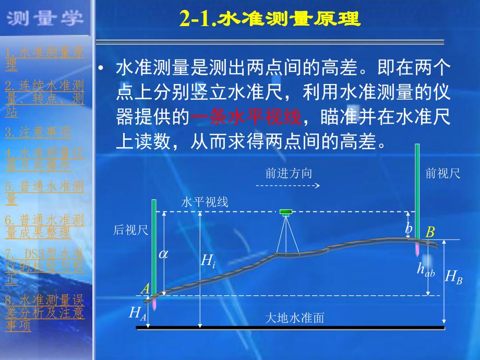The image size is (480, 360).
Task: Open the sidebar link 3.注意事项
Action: [38, 132]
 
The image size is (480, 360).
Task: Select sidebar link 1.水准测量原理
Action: [44, 58]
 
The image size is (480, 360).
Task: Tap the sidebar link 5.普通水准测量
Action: [44, 193]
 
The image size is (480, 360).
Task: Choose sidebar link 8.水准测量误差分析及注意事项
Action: [44, 313]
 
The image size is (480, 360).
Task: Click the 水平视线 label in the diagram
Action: [205, 202]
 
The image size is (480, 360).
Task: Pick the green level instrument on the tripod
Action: [286, 212]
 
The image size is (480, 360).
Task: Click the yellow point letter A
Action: [146, 289]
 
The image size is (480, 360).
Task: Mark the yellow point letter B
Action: [430, 233]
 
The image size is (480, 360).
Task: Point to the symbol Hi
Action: [208, 260]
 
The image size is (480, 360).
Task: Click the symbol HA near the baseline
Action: [137, 313]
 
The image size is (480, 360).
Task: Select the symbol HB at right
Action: [453, 276]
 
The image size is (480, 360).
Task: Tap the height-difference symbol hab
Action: [425, 269]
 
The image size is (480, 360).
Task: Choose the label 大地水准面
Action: [295, 318]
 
